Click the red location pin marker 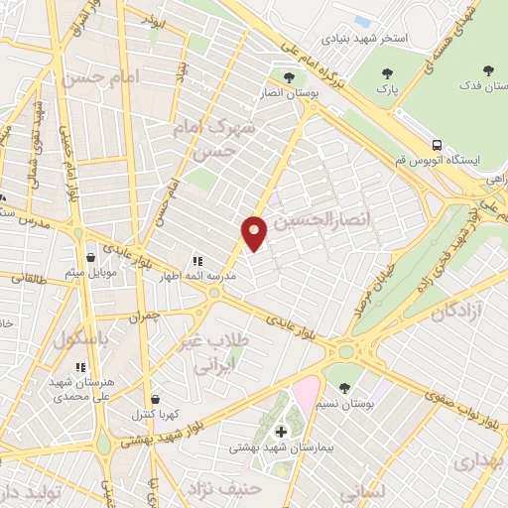click(255, 232)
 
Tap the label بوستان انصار click(289, 94)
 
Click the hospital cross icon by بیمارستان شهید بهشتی click(281, 432)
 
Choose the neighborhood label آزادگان click(458, 312)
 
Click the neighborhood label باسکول click(78, 337)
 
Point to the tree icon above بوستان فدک click(486, 70)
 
